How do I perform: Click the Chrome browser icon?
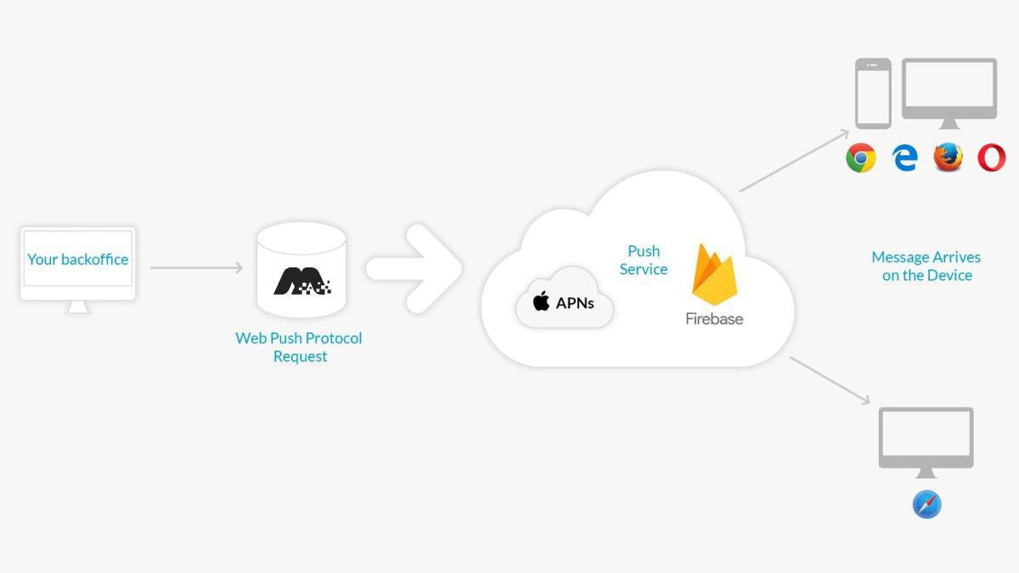(x=860, y=158)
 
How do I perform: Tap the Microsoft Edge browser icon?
(x=904, y=158)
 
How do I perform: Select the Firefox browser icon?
(x=948, y=158)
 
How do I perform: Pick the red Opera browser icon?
(x=991, y=158)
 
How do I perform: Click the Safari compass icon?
(x=926, y=504)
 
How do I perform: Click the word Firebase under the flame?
(x=714, y=319)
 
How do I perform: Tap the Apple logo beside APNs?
(x=541, y=301)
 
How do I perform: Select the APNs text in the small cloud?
(x=575, y=302)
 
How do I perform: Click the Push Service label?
(x=644, y=260)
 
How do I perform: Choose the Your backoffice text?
(x=77, y=259)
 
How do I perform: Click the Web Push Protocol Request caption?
(x=299, y=347)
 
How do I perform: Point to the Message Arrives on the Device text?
(x=926, y=266)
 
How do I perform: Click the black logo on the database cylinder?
(x=301, y=281)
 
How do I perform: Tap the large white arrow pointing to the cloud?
(x=414, y=269)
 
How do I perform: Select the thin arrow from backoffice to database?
(x=196, y=268)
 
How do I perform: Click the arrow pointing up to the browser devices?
(x=794, y=160)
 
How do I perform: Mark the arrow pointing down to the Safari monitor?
(x=830, y=379)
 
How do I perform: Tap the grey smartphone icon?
(x=873, y=93)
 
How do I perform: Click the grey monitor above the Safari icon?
(x=926, y=438)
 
